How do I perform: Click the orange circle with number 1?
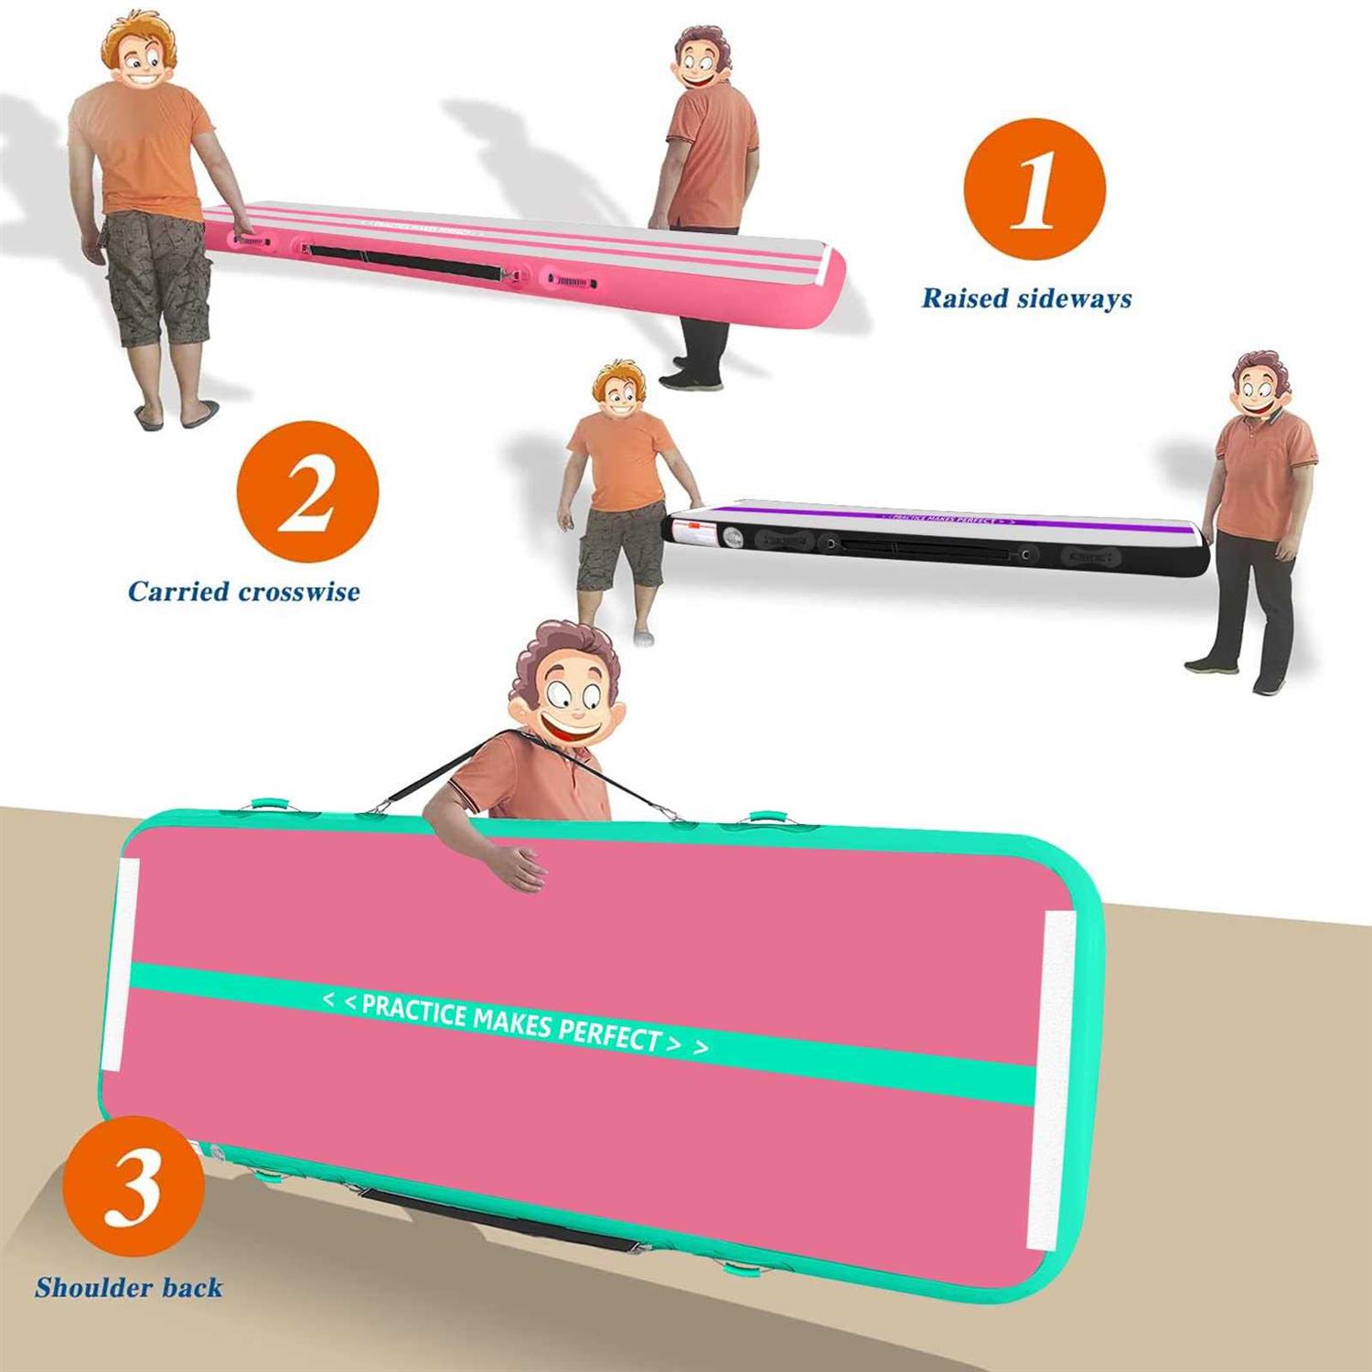(1034, 189)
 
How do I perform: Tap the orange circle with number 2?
(307, 491)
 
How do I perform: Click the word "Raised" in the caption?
(965, 299)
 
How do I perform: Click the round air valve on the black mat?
(733, 537)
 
